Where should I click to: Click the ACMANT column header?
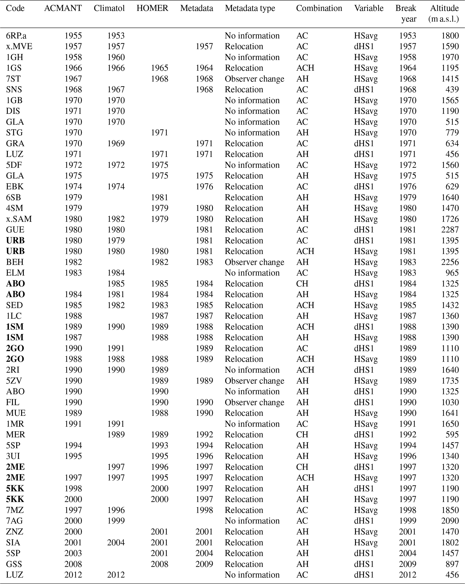click(63, 8)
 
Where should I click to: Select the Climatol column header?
click(109, 8)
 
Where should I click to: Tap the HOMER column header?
click(152, 8)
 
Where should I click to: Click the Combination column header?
click(319, 8)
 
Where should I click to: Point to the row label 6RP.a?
click(16, 36)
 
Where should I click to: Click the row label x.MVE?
click(19, 46)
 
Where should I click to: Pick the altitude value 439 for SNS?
click(452, 89)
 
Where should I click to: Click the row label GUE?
click(15, 230)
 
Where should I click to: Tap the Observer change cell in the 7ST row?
click(254, 79)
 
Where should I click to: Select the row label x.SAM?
click(19, 219)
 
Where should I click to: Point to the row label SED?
click(14, 305)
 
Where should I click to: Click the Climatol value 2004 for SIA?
click(116, 542)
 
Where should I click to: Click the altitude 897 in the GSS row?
click(452, 564)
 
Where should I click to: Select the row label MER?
click(16, 434)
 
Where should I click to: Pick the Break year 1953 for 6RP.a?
click(407, 36)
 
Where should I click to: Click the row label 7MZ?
click(15, 510)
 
